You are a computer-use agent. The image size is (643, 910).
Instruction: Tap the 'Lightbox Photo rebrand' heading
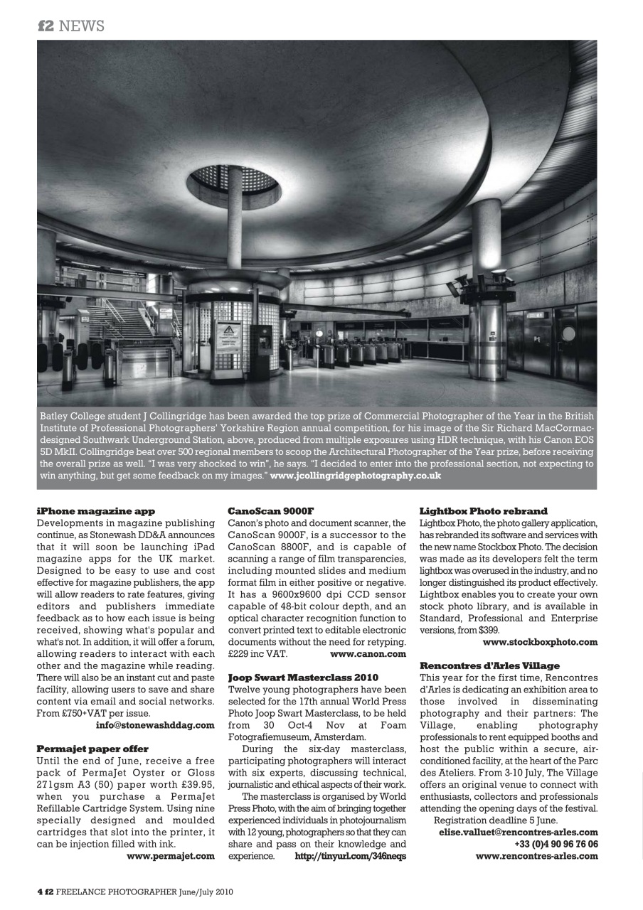(484, 511)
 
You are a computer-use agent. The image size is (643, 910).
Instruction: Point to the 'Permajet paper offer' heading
(92, 749)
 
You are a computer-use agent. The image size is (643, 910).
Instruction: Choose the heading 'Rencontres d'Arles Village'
(489, 665)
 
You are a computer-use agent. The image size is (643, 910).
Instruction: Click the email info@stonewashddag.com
(155, 725)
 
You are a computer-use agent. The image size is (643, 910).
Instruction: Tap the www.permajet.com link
(171, 856)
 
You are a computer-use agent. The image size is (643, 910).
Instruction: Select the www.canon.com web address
(368, 653)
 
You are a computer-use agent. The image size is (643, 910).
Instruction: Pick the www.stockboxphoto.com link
(540, 642)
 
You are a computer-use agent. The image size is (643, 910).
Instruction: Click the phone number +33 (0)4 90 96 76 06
(556, 844)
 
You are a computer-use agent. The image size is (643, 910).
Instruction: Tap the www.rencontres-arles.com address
(537, 856)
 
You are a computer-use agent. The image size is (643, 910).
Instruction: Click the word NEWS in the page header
(81, 26)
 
